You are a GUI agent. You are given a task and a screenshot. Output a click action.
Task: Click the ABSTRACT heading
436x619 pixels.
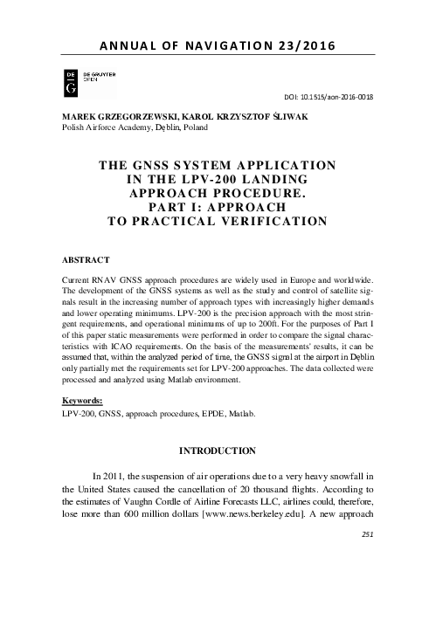(x=85, y=260)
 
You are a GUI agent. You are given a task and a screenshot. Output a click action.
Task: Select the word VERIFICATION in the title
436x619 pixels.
(x=273, y=221)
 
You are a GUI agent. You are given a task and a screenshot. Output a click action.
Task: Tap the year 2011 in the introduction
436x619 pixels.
(x=128, y=474)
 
